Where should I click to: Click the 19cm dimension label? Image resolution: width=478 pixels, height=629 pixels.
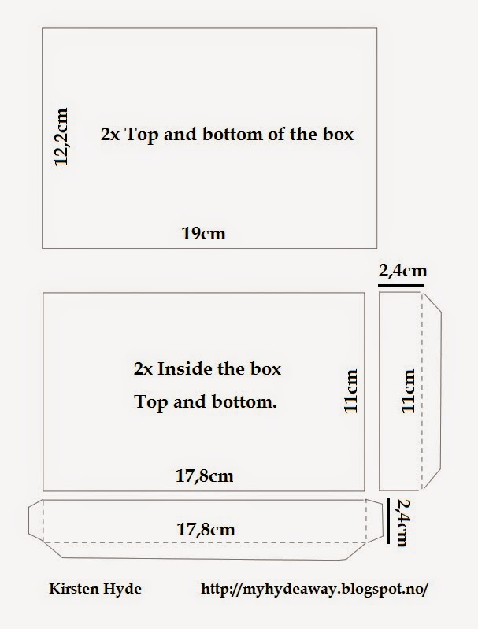pos(204,234)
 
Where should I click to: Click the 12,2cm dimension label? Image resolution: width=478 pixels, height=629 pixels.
pos(61,136)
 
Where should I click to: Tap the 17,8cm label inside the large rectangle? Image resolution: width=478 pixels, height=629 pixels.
pos(204,476)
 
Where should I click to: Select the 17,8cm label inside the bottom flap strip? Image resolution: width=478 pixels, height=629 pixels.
pos(206,530)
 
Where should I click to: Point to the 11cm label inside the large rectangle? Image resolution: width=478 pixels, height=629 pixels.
pos(350,390)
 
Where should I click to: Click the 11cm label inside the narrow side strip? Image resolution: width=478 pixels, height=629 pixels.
pos(408,390)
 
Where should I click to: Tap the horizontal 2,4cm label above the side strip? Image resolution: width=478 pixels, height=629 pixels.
pos(403,271)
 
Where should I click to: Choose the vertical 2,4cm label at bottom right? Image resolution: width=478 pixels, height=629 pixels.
pos(402,523)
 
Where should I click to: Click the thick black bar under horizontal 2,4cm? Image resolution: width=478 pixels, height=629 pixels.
pos(401,285)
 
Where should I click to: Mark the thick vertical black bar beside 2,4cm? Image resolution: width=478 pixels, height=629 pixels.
pos(389,521)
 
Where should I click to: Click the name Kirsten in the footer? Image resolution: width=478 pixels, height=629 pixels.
pos(74,589)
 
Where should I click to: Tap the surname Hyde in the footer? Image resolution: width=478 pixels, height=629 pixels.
pos(122,590)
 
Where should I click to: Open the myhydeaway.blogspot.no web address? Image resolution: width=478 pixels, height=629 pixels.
pos(315,590)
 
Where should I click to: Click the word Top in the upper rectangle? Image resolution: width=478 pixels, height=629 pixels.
pos(142,135)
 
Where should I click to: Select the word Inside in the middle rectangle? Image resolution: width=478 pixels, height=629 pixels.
pos(185,368)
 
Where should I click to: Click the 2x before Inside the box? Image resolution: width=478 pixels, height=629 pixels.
pos(143,369)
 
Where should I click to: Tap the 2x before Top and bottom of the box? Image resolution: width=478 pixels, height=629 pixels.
pos(110,135)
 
